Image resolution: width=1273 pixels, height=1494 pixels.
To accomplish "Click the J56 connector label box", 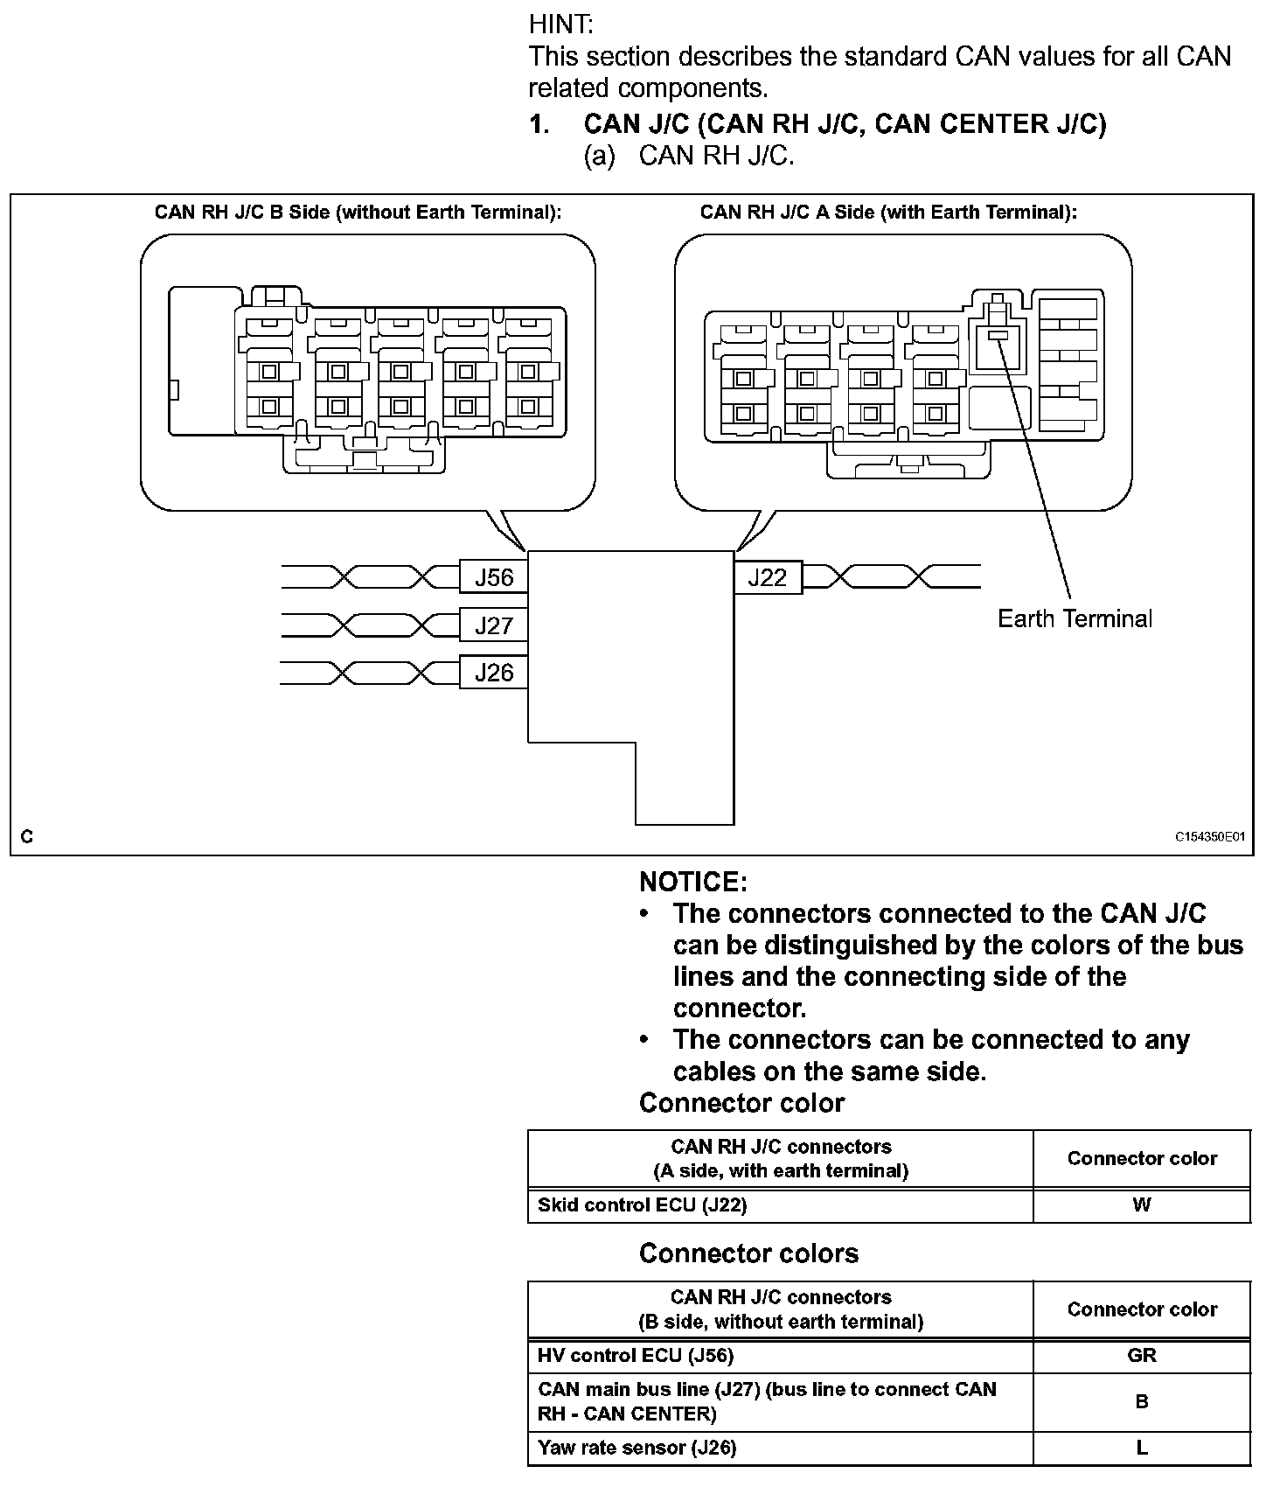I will pyautogui.click(x=494, y=577).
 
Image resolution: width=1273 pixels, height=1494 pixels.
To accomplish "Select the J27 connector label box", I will pyautogui.click(x=494, y=625).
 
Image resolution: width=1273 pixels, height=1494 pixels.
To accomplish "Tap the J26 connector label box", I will pyautogui.click(x=494, y=673).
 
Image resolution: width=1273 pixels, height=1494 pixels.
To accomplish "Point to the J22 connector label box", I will pyautogui.click(x=767, y=577).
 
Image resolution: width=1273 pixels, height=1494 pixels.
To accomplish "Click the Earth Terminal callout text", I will pyautogui.click(x=1075, y=619).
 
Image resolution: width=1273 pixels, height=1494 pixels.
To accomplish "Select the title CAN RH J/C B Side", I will pyautogui.click(x=358, y=213).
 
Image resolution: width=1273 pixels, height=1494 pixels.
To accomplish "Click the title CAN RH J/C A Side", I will pyautogui.click(x=888, y=213).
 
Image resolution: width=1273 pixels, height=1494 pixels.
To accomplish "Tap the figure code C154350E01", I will pyautogui.click(x=1209, y=837).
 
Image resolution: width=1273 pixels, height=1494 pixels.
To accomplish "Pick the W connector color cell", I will pyautogui.click(x=1142, y=1205).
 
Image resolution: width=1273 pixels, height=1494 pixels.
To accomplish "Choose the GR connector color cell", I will pyautogui.click(x=1142, y=1355).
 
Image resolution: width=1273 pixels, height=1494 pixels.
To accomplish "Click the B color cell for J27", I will pyautogui.click(x=1142, y=1401).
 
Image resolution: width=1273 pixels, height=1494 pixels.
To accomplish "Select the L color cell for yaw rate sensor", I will pyautogui.click(x=1142, y=1448).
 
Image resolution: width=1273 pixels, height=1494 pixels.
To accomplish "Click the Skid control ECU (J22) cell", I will pyautogui.click(x=643, y=1205).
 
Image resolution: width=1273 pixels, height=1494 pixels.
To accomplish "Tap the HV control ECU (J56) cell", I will pyautogui.click(x=636, y=1355).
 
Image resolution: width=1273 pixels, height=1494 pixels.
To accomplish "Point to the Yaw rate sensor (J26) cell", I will pyautogui.click(x=637, y=1448).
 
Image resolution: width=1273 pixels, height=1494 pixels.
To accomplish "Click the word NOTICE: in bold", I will pyautogui.click(x=693, y=882).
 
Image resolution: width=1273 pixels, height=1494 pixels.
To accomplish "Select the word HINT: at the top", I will pyautogui.click(x=560, y=24).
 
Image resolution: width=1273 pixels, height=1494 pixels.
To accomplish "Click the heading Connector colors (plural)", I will pyautogui.click(x=748, y=1253).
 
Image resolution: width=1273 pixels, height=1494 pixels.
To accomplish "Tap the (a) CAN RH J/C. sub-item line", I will pyautogui.click(x=689, y=156).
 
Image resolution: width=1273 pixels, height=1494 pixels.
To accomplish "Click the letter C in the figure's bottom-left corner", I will pyautogui.click(x=27, y=837).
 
